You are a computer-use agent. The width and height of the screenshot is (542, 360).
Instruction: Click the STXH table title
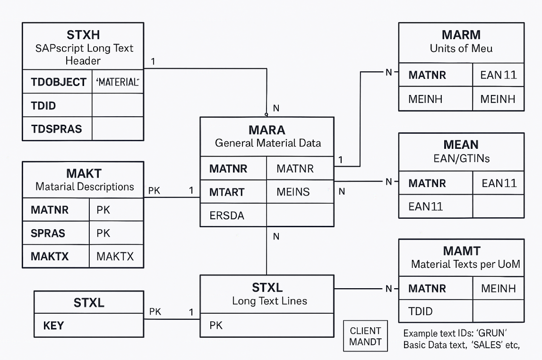pyautogui.click(x=83, y=35)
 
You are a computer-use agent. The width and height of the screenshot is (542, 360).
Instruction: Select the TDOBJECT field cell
pyautogui.click(x=58, y=82)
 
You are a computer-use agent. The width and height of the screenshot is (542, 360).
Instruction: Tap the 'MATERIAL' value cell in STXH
pyautogui.click(x=118, y=82)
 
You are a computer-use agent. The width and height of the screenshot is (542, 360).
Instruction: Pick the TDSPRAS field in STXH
pyautogui.click(x=56, y=129)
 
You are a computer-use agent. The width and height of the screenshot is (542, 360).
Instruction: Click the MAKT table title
pyautogui.click(x=84, y=173)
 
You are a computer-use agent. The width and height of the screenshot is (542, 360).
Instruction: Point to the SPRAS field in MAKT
pyautogui.click(x=48, y=233)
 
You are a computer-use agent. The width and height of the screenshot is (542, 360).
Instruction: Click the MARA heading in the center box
pyautogui.click(x=267, y=130)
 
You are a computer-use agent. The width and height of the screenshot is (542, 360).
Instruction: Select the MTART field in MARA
pyautogui.click(x=227, y=192)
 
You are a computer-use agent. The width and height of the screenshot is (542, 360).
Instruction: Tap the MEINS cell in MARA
pyautogui.click(x=293, y=192)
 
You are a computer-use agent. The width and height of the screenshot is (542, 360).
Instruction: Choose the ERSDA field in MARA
pyautogui.click(x=227, y=215)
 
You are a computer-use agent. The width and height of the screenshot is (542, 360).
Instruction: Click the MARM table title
pyautogui.click(x=461, y=35)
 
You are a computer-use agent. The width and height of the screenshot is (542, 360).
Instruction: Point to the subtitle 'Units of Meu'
pyautogui.click(x=461, y=48)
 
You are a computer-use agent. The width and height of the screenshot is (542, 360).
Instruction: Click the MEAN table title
pyautogui.click(x=461, y=145)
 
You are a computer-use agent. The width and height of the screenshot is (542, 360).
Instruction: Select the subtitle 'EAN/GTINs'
pyautogui.click(x=461, y=158)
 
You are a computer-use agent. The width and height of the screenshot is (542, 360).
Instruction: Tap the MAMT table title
pyautogui.click(x=462, y=251)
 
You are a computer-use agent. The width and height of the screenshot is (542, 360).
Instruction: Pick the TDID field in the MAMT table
pyautogui.click(x=420, y=311)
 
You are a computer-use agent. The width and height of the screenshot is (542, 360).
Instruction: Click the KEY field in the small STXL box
pyautogui.click(x=53, y=326)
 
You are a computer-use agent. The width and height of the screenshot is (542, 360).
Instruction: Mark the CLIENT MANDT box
pyautogui.click(x=365, y=336)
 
